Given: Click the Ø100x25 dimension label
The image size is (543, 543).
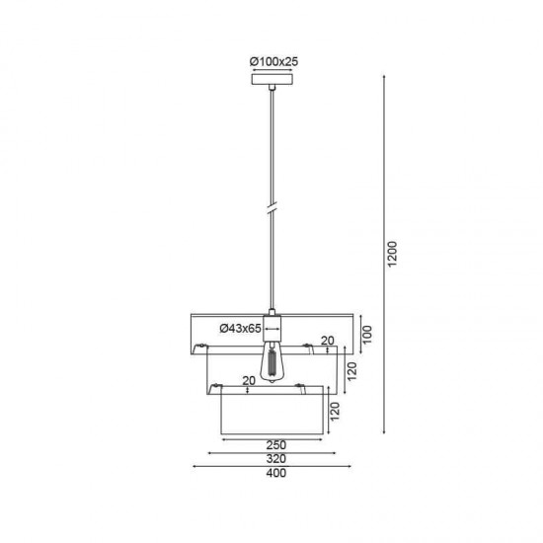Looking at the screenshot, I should click(x=274, y=61).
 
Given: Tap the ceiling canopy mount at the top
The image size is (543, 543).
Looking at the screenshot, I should click(x=274, y=86).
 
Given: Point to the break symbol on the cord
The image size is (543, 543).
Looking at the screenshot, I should click(x=273, y=210).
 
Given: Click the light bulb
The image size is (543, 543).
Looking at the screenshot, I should click(x=272, y=362).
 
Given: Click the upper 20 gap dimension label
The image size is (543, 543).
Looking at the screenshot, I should click(x=327, y=341).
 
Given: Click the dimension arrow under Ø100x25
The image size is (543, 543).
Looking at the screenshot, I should click(x=273, y=72).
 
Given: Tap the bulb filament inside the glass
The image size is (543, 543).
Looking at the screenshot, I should click(x=272, y=365).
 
